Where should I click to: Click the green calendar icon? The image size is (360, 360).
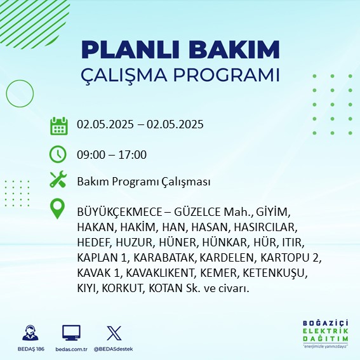(x=59, y=126)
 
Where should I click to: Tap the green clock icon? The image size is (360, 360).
(x=58, y=154)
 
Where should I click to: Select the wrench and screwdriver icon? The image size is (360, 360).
(x=58, y=179)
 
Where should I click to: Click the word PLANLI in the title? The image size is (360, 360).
(x=130, y=50)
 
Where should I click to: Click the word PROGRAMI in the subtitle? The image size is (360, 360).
(x=226, y=75)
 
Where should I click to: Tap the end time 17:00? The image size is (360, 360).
(x=133, y=154)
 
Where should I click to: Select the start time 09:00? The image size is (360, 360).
(x=91, y=154)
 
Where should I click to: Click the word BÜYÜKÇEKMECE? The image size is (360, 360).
(x=119, y=211)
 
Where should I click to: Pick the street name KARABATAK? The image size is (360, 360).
(x=164, y=258)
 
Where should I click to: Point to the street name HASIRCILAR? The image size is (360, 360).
(x=264, y=227)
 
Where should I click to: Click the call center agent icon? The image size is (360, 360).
(x=30, y=333)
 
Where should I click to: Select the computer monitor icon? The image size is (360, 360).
(x=71, y=333)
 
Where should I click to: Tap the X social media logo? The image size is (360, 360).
(x=114, y=333)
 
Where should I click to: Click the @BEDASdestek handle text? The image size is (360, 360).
(x=113, y=349)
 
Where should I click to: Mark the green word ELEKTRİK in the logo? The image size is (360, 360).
(x=325, y=331)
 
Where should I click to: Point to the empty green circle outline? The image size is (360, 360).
(x=6, y=94)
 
